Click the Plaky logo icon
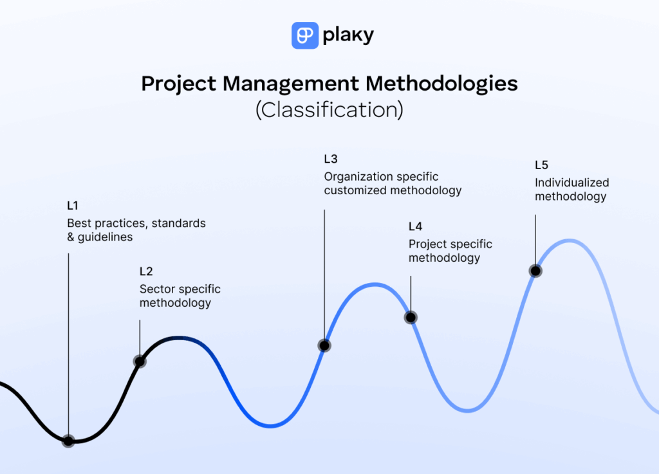tap(305, 35)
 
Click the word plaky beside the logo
tap(349, 35)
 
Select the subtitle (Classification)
tap(329, 110)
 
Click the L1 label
tap(73, 206)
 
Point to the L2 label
tap(146, 271)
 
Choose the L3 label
tap(331, 159)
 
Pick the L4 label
tap(416, 226)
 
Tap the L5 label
tap(542, 165)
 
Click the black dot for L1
tap(68, 441)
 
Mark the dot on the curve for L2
tap(140, 361)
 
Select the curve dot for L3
tap(324, 345)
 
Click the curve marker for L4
tap(411, 317)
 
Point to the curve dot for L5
tap(535, 271)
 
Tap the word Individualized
tap(571, 183)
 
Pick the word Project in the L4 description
tap(427, 244)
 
